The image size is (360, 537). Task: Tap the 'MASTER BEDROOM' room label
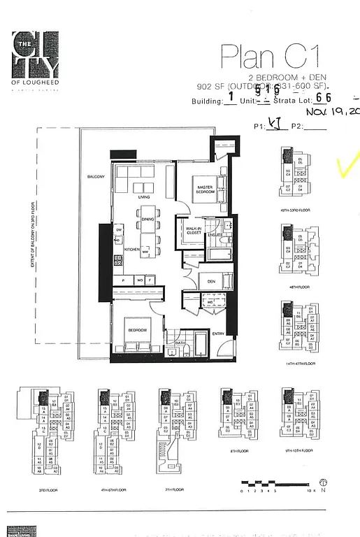tap(205, 189)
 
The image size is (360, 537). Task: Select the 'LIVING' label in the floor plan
tap(144, 198)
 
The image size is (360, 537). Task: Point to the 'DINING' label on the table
tap(147, 220)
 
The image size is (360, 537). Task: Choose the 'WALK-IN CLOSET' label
tap(194, 231)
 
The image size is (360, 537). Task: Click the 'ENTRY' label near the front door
tap(219, 333)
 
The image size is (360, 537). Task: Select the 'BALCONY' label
tap(96, 177)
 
